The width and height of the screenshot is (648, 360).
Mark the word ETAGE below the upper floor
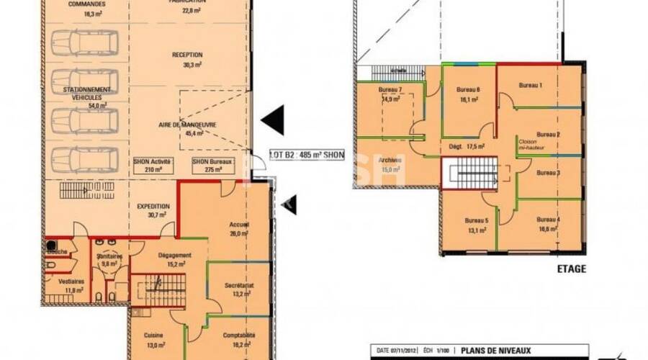click(571, 269)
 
